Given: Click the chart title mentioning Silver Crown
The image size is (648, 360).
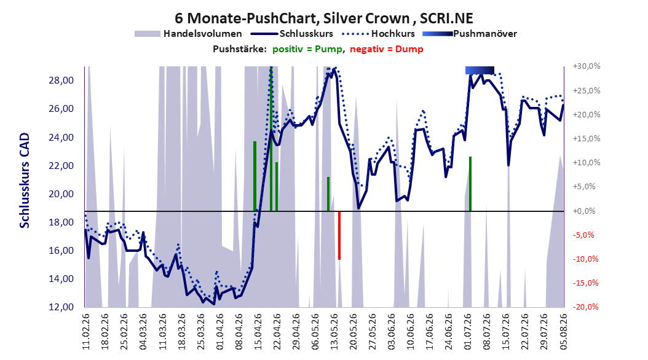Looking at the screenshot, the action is click(323, 18).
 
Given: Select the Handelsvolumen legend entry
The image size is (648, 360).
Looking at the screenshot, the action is click(188, 34).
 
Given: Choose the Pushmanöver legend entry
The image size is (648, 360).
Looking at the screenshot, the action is click(470, 34).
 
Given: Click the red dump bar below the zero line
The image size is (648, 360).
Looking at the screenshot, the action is click(339, 236).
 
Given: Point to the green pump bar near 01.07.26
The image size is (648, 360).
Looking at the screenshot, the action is click(470, 184).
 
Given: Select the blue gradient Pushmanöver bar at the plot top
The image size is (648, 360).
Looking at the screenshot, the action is click(480, 70).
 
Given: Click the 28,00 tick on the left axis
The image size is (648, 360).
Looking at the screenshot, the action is click(61, 80).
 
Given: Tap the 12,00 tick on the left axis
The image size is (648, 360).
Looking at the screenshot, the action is click(61, 307).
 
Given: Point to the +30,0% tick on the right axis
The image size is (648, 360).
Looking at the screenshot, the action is click(587, 66).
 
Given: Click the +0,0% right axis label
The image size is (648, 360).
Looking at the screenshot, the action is click(584, 211).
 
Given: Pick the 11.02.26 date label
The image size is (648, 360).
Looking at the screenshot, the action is click(86, 332).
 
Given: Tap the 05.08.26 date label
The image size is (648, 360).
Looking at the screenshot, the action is click(563, 332).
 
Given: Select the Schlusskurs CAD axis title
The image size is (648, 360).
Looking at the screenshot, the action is click(25, 180).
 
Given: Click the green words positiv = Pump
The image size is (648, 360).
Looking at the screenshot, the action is click(307, 49).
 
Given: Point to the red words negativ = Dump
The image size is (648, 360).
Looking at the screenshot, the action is click(387, 49).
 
